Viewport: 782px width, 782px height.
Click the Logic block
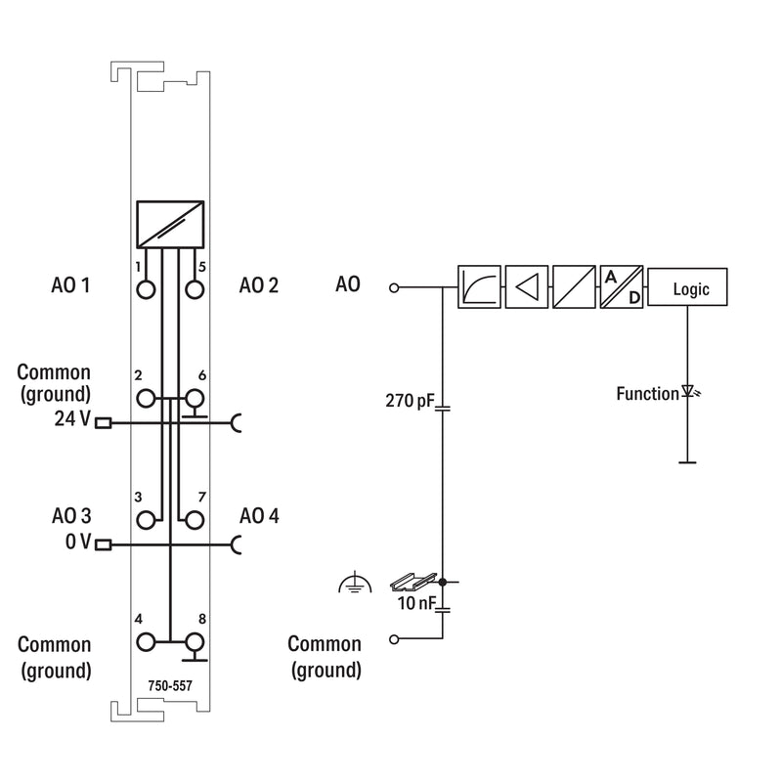[x=687, y=286]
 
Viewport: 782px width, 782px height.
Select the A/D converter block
[x=621, y=286]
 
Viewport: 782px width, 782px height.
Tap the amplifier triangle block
[x=527, y=286]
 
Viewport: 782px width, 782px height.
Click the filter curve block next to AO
[x=479, y=286]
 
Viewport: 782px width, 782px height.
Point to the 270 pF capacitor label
[x=410, y=401]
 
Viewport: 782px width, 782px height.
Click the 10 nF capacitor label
[x=416, y=603]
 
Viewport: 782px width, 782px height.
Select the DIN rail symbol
[x=413, y=582]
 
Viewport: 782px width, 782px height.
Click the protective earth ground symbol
[x=355, y=582]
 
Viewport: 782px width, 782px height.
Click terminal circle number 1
[x=146, y=289]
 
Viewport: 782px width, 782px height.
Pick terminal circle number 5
[x=195, y=289]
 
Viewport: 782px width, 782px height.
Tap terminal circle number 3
[x=146, y=520]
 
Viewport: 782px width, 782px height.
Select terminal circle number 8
[x=195, y=642]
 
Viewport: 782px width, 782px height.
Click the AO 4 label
[x=259, y=516]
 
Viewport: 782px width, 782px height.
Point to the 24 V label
[x=72, y=419]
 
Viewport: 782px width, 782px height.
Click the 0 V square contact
[x=104, y=544]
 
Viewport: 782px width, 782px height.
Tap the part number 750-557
[x=170, y=686]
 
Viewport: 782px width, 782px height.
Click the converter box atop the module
[x=170, y=225]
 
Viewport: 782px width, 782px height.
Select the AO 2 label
[x=259, y=285]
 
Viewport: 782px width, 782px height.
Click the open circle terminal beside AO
[x=394, y=287]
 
